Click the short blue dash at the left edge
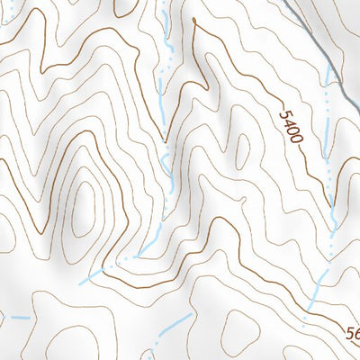tap(19, 317)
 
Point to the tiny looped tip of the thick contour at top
tap(193, 19)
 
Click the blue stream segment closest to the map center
tap(167, 162)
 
